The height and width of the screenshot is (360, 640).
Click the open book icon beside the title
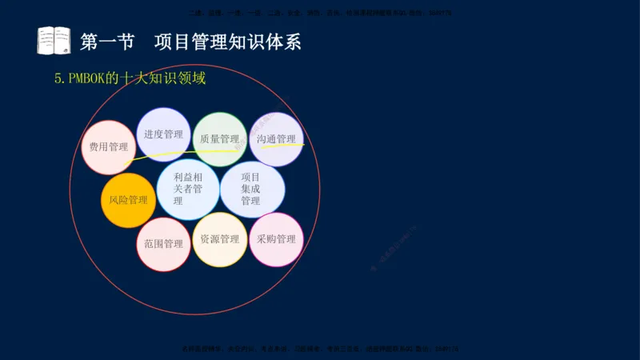click(54, 40)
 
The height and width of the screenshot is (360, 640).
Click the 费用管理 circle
click(109, 147)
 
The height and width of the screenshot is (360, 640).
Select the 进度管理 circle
click(163, 134)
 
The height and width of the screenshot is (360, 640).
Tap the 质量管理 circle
click(219, 139)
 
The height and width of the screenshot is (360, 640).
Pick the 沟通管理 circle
click(275, 139)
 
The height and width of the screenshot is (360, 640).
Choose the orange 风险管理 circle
click(128, 200)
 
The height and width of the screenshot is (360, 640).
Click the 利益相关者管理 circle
click(188, 189)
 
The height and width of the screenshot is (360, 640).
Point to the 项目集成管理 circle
click(251, 189)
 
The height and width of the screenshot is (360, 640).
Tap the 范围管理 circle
click(164, 244)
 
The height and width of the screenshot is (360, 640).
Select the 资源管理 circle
click(219, 239)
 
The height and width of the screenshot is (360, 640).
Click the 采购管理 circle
click(276, 239)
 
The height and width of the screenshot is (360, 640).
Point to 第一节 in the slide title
click(107, 42)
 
